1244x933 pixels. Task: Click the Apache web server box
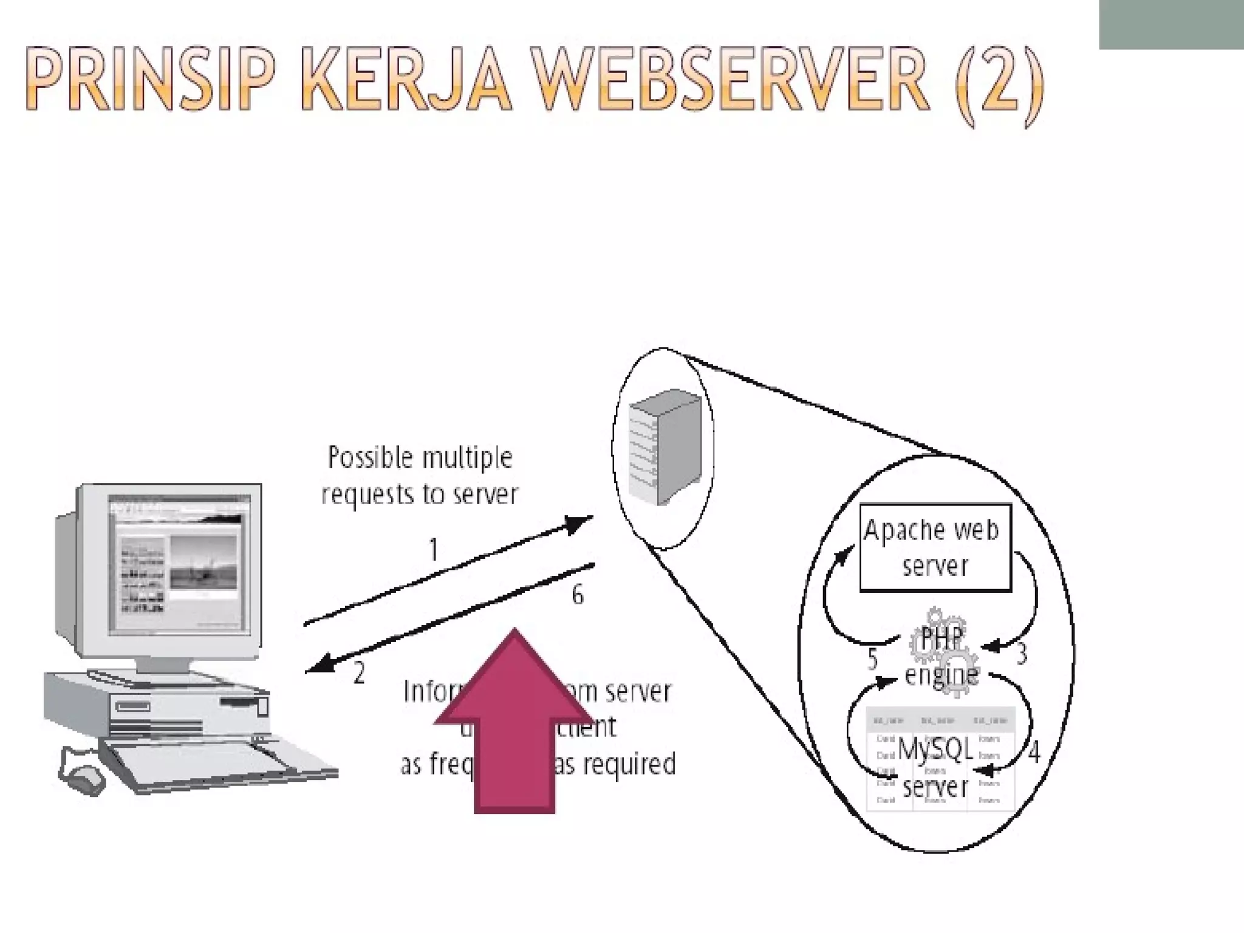[x=935, y=547]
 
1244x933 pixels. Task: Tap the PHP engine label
[x=941, y=657]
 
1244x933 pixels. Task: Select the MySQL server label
[x=935, y=768]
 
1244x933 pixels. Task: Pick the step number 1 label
[x=433, y=550]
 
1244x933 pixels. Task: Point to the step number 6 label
[x=577, y=595]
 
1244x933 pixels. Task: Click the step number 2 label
[x=359, y=673]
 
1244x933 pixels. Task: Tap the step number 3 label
[x=1022, y=654]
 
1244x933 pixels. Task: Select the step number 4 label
[x=1034, y=752]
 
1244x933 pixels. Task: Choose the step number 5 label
[x=873, y=658]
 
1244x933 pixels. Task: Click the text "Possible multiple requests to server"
[x=420, y=476]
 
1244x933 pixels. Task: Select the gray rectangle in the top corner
[x=1171, y=24]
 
